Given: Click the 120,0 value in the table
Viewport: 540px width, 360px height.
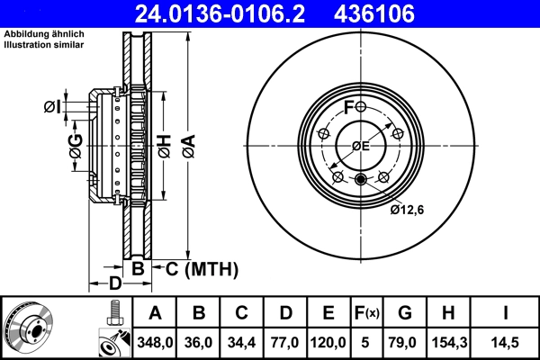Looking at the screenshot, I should coord(329,343).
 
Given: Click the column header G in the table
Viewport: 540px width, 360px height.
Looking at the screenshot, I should coord(405,313).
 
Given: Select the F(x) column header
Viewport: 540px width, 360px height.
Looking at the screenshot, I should coord(367,313).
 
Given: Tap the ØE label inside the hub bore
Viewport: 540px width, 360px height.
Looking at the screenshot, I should coord(361,146).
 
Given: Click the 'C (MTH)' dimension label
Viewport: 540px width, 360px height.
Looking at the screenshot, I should coord(200,268).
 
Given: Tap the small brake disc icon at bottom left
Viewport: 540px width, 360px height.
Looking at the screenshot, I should coord(30,328).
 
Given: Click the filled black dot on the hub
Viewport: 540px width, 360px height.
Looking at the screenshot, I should coord(361,179).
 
